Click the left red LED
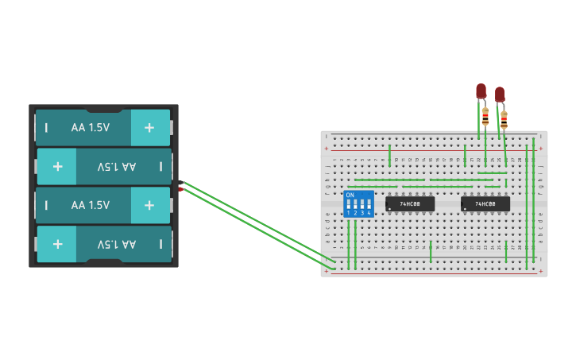(x=481, y=91)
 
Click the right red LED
(x=500, y=95)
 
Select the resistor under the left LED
(x=485, y=118)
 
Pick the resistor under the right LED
(x=504, y=121)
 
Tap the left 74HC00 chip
(x=410, y=204)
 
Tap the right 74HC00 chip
(x=485, y=204)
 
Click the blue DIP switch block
(x=358, y=203)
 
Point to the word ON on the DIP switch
(x=350, y=195)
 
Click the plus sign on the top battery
(x=149, y=127)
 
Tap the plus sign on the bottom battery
(x=58, y=244)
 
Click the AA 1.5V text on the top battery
(x=90, y=127)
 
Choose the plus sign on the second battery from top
(x=58, y=166)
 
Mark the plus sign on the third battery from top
(x=149, y=205)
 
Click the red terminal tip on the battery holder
(x=182, y=189)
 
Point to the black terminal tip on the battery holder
(x=182, y=183)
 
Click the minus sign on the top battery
(x=46, y=127)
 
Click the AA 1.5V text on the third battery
(x=90, y=205)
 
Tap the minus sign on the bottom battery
(x=160, y=244)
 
